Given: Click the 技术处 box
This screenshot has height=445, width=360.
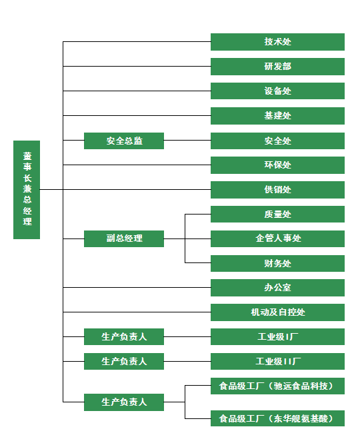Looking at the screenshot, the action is pyautogui.click(x=277, y=42).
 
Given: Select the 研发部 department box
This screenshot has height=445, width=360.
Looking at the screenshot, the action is pyautogui.click(x=277, y=67).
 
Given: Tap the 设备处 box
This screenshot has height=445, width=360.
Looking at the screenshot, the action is pyautogui.click(x=277, y=91).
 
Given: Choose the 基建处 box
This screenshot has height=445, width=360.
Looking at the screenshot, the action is pyautogui.click(x=277, y=116).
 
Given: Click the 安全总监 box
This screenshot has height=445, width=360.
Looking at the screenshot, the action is pyautogui.click(x=124, y=141).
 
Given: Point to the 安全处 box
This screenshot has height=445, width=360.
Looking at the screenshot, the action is pyautogui.click(x=277, y=141).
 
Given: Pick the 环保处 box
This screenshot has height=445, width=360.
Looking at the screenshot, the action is pyautogui.click(x=277, y=165).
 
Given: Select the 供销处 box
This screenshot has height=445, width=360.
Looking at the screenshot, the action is pyautogui.click(x=277, y=190).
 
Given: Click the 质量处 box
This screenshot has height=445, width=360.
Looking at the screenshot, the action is pyautogui.click(x=277, y=214).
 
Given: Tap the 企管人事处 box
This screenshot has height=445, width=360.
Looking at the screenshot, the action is pyautogui.click(x=277, y=238).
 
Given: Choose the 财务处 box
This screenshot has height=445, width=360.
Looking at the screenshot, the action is pyautogui.click(x=277, y=263).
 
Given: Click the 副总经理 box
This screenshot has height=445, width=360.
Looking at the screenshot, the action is pyautogui.click(x=124, y=238).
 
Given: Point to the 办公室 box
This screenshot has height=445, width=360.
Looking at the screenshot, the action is pyautogui.click(x=277, y=288).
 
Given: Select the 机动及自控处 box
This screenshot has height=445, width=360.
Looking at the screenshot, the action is pyautogui.click(x=277, y=312).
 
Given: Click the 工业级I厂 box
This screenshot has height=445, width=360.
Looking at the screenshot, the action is pyautogui.click(x=277, y=336).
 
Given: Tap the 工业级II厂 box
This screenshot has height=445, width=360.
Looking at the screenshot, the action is pyautogui.click(x=277, y=361).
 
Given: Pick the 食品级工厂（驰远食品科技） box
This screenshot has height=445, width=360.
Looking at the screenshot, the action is pyautogui.click(x=277, y=386).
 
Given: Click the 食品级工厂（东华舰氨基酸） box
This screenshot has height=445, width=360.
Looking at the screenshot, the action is pyautogui.click(x=277, y=418).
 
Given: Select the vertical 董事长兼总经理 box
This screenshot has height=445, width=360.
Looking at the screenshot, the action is pyautogui.click(x=27, y=190).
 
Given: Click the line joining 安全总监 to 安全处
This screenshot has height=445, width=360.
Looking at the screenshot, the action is pyautogui.click(x=187, y=140).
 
